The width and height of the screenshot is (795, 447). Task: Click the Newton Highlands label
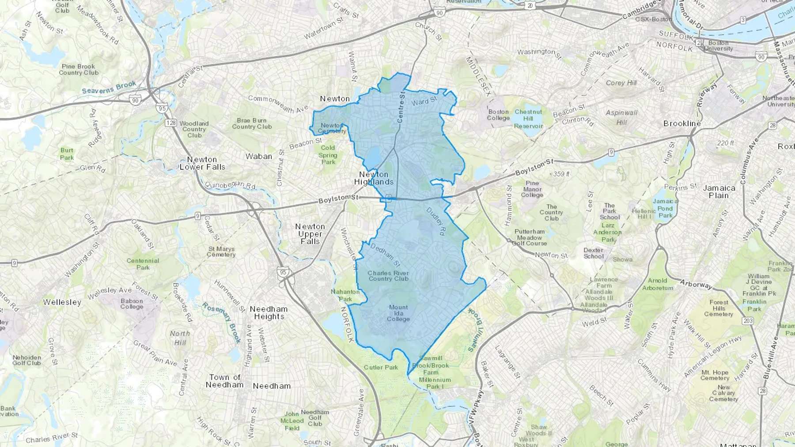[x=374, y=178]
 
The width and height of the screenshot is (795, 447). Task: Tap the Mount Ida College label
[x=398, y=313]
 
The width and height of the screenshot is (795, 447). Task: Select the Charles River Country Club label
[x=388, y=276]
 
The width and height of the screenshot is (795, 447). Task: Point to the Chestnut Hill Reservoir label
[x=528, y=119]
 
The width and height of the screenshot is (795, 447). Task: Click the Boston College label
[x=498, y=115]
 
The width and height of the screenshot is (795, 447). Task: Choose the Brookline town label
[x=682, y=124]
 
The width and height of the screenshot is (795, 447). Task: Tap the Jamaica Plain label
[x=719, y=192]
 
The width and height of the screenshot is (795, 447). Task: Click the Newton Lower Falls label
[x=202, y=163]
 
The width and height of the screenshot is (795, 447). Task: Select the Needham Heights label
[x=269, y=313]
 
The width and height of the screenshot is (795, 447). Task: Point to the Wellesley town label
[x=62, y=302]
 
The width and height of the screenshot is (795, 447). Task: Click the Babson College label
[x=132, y=304]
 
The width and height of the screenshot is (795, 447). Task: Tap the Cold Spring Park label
[x=328, y=155]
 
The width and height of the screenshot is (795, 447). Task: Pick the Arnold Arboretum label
[x=658, y=284]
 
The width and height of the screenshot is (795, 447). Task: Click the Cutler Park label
[x=381, y=367]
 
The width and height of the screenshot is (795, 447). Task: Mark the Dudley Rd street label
[x=436, y=221]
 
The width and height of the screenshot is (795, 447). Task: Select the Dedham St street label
[x=385, y=255]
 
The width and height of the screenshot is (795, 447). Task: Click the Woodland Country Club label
[x=194, y=129]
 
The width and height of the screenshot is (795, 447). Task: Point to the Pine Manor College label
[x=532, y=189]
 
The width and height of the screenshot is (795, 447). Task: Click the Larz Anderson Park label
[x=608, y=232]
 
